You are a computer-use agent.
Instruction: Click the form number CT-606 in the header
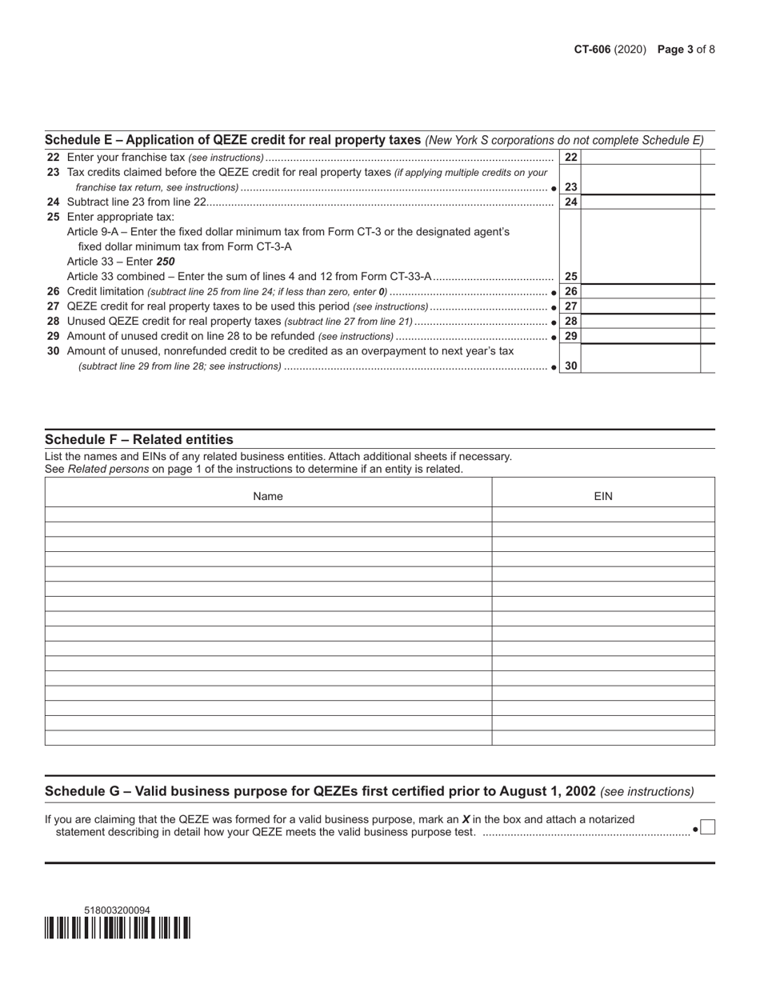click(x=592, y=50)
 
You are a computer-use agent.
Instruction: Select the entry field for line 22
click(x=640, y=158)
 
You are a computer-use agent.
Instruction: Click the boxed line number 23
click(x=570, y=187)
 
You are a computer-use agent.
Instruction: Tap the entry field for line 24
click(x=640, y=202)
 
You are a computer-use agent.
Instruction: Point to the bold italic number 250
click(x=166, y=262)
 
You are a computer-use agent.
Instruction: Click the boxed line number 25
click(x=570, y=277)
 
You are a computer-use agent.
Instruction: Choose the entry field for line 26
click(x=640, y=292)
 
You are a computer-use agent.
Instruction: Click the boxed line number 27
click(x=570, y=306)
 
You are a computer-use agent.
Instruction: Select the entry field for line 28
click(x=640, y=322)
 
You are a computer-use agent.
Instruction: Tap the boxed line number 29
click(x=570, y=336)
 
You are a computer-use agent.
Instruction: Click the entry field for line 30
click(x=640, y=366)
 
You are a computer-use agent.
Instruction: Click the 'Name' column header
click(x=268, y=496)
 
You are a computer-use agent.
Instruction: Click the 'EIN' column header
click(x=603, y=496)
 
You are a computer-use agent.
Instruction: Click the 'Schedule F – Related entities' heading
click(x=139, y=439)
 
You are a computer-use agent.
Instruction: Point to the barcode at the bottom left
click(x=118, y=928)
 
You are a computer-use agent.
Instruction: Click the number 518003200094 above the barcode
click(x=117, y=910)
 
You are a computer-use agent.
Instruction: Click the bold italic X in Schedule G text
click(x=466, y=819)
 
